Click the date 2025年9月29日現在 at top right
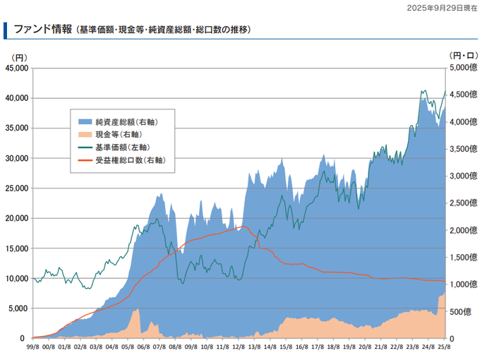coord(442,8)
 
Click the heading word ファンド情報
coord(43,30)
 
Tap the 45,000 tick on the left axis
coord(17,68)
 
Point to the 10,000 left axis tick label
coord(17,278)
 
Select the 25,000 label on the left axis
coord(17,188)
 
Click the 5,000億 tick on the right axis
coord(464,68)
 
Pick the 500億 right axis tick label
coord(460,312)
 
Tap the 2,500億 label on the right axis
coord(464,203)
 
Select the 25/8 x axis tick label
coord(444,347)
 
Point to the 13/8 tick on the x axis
coord(254,347)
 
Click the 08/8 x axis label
coord(175,347)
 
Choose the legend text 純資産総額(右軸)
coord(127,121)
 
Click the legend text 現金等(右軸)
coord(119,135)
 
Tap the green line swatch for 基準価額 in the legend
coord(85,148)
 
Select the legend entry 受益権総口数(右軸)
coord(131,160)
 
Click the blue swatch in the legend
coord(85,121)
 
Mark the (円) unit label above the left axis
coord(20,58)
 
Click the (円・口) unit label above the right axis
coord(464,56)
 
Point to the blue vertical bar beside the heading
coord(5,30)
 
